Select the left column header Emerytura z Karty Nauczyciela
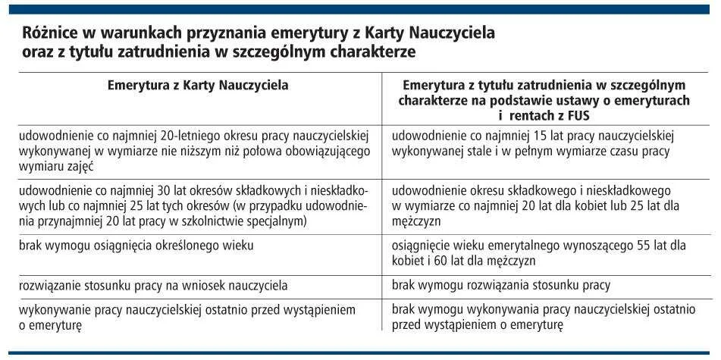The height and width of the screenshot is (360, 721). click(x=198, y=86)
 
